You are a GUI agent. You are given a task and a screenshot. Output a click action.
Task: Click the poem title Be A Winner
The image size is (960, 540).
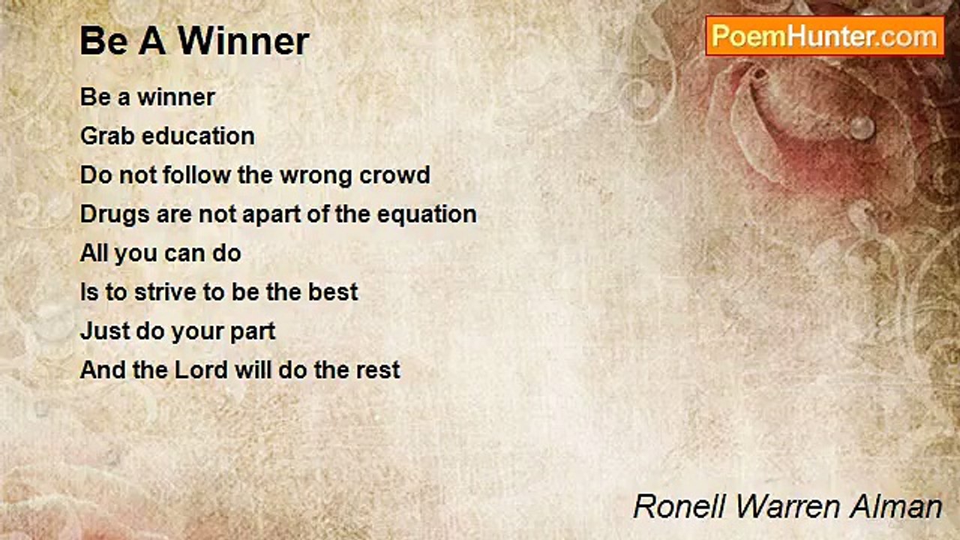pos(194,42)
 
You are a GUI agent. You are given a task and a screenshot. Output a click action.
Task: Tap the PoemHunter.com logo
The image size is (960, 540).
pos(824,36)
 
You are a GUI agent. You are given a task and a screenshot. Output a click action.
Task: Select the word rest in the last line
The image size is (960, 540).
pos(379,370)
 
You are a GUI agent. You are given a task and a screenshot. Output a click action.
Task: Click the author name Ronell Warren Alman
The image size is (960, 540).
pos(787,507)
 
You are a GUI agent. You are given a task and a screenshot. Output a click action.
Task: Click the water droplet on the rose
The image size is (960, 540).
pos(862,127)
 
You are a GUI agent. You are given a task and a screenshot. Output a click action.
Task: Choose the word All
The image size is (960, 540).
pos(94,253)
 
